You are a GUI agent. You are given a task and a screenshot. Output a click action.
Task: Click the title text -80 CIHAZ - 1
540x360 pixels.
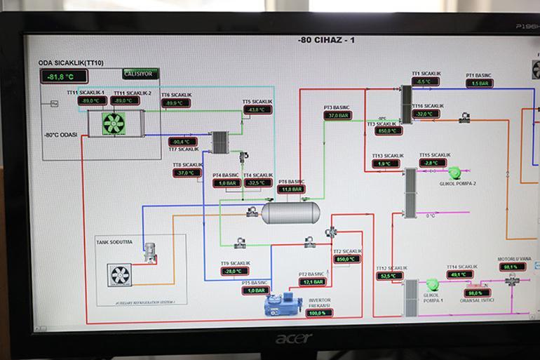point(326,40)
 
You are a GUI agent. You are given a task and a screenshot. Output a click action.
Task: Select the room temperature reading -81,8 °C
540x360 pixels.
point(64,77)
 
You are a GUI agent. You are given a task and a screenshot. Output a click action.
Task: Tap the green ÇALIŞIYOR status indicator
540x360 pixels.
point(140,74)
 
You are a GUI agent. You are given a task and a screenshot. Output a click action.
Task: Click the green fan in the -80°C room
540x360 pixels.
point(113,124)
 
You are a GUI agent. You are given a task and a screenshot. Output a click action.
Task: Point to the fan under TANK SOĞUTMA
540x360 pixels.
point(119,274)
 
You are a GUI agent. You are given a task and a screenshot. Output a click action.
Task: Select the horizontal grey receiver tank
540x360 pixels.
point(290,212)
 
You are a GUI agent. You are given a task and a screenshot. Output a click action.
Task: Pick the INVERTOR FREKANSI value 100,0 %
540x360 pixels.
point(319,313)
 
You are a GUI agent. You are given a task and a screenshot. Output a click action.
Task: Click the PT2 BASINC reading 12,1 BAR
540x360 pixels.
point(313,282)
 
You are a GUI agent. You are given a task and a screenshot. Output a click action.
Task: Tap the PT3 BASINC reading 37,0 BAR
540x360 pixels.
point(337,115)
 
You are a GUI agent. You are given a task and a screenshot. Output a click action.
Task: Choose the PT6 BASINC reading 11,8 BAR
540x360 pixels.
point(291,189)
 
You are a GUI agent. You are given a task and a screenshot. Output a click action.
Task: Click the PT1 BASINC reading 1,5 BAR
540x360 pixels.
point(479,83)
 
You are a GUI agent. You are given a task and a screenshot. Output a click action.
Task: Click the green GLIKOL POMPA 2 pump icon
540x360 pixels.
point(454,172)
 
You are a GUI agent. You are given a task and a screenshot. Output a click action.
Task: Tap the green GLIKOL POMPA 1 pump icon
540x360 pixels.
point(432,284)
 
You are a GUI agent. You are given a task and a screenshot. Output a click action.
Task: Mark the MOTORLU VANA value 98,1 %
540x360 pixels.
point(512,267)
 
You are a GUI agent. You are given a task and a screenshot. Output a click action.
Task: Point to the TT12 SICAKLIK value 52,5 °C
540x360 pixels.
point(389,276)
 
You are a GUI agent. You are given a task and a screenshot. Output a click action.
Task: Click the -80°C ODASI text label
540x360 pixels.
point(60,135)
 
